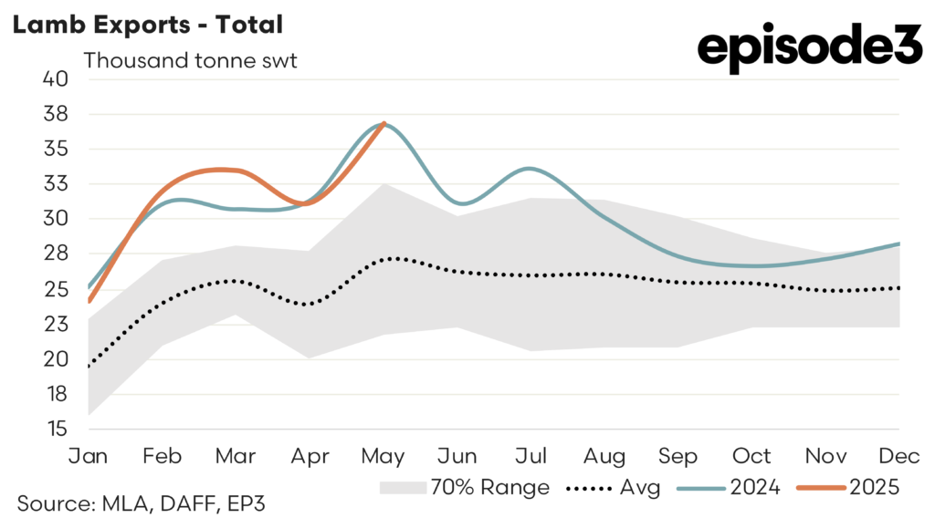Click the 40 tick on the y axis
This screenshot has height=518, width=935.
coord(57,78)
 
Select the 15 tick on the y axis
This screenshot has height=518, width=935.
coord(57,429)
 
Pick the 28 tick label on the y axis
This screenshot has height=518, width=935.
coord(57,254)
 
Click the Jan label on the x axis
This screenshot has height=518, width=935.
coord(89,455)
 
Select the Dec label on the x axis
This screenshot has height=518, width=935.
coord(900,455)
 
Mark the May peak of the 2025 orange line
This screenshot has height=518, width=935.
coord(384,123)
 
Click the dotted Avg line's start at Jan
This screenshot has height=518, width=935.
coord(89,367)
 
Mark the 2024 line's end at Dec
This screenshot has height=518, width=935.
coord(899,243)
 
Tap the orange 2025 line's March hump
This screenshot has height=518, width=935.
coord(224,169)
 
